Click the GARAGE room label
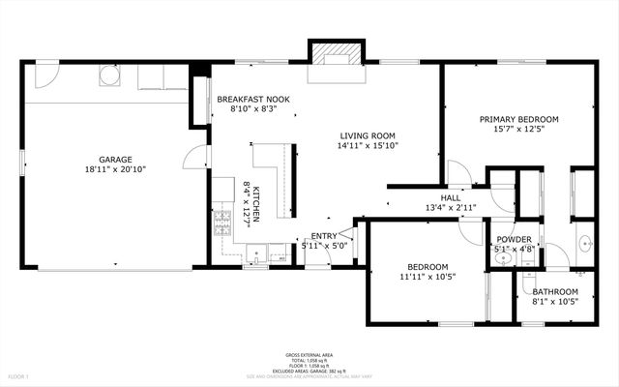point(115,160)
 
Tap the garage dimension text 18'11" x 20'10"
point(115,169)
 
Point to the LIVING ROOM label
point(368,136)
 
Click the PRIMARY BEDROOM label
point(519,120)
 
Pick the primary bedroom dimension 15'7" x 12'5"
point(519,131)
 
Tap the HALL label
point(451,197)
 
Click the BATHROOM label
point(554,291)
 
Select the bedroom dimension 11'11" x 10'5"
point(427,277)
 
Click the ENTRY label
point(324,235)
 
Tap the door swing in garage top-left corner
point(45,74)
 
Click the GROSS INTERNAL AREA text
point(309,354)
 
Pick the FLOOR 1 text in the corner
point(19,375)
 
